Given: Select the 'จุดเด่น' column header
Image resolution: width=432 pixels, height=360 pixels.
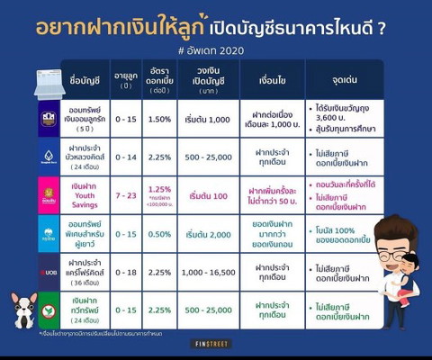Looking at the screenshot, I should (x=343, y=79).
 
